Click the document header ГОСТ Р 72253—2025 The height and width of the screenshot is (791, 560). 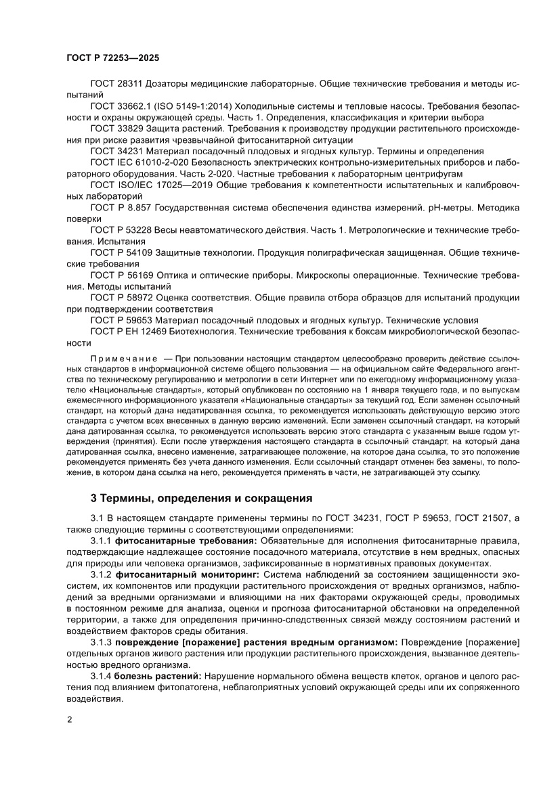[x=113, y=58]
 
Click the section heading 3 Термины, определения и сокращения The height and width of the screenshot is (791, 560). [x=202, y=499]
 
